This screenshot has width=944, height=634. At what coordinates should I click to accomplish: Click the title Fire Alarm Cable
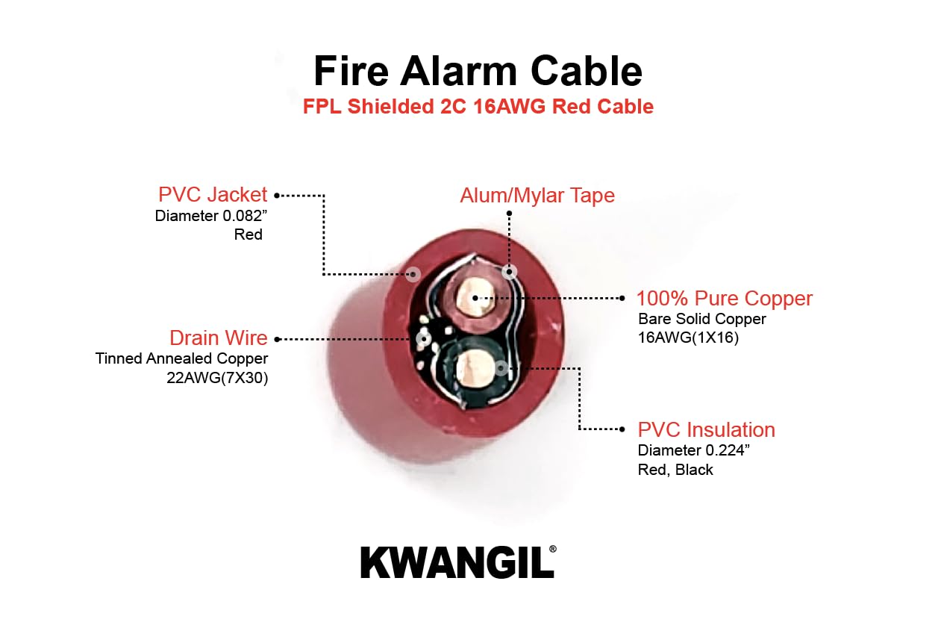point(478,71)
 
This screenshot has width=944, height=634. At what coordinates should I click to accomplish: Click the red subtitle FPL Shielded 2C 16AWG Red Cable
point(478,107)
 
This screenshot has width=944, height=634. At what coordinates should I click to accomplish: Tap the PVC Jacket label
point(212,195)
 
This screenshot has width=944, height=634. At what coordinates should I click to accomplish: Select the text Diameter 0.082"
point(208,217)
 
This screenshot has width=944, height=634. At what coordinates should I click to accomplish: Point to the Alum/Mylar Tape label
point(537,196)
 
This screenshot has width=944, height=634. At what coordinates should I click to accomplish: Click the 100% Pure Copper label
point(724,299)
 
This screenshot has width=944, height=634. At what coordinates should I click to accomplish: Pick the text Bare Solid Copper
point(701,319)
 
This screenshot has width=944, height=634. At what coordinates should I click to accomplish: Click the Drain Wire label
point(218,338)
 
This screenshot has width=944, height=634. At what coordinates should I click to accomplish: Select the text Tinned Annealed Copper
point(181,358)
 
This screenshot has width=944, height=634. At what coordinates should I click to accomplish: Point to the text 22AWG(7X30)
point(216,378)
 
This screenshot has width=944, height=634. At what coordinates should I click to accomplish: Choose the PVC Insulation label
point(706,430)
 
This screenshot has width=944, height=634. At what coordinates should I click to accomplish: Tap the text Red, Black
point(675,470)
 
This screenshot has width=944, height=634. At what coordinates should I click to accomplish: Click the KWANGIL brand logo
point(458,562)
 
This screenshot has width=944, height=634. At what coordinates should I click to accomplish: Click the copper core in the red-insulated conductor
point(475,299)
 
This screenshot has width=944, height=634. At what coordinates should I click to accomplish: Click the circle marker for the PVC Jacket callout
point(413,274)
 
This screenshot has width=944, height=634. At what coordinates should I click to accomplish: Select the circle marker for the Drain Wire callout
point(423,338)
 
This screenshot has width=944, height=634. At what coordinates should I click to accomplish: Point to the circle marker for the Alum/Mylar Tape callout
point(510,272)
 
